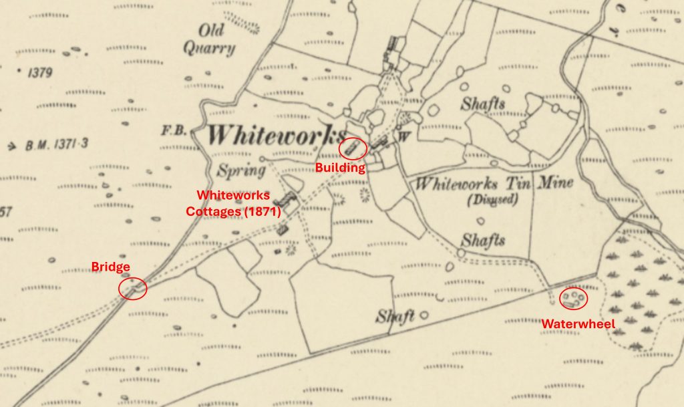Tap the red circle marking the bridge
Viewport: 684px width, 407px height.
(133, 289)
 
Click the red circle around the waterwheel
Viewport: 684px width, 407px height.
(573, 298)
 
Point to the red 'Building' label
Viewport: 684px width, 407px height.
(340, 168)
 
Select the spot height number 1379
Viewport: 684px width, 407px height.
(39, 73)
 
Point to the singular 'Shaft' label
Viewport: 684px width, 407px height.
(395, 316)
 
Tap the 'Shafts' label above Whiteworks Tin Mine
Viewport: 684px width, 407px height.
(482, 104)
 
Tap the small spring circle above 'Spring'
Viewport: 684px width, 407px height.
(263, 158)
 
